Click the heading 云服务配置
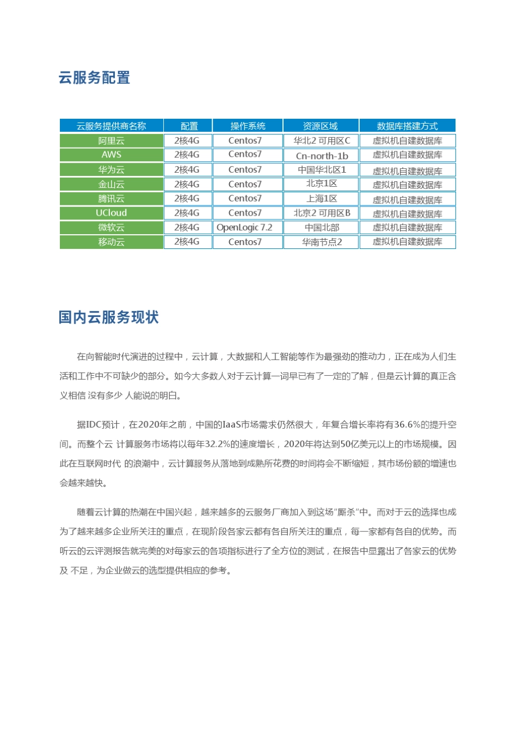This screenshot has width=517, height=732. (x=94, y=78)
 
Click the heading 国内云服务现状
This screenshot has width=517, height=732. (x=108, y=318)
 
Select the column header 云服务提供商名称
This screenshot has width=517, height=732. (x=111, y=126)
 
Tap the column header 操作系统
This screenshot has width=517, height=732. (x=248, y=126)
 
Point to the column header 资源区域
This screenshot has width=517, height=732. (x=321, y=126)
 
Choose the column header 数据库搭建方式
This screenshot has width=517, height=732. (x=407, y=126)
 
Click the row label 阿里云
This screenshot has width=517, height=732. (x=111, y=141)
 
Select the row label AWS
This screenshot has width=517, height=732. (x=111, y=155)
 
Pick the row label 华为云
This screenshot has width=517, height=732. (x=111, y=169)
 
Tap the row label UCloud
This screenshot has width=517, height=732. (x=111, y=213)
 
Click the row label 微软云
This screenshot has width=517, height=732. (x=111, y=227)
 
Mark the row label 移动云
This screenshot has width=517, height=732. (x=111, y=242)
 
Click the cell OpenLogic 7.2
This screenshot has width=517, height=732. (x=244, y=227)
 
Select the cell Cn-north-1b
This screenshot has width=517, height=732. (x=322, y=156)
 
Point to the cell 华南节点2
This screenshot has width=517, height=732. (x=322, y=242)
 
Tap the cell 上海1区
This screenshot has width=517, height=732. (x=322, y=198)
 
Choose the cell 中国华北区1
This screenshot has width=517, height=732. (x=322, y=169)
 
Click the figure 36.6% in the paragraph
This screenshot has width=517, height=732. (x=407, y=425)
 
